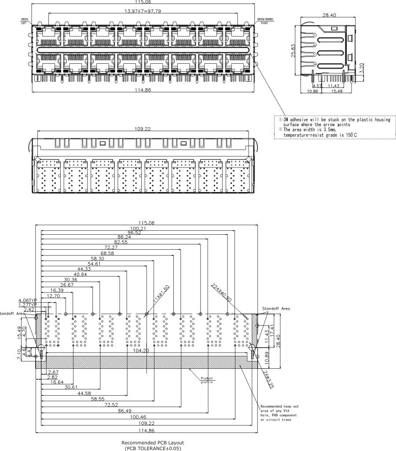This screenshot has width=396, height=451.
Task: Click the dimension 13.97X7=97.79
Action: (x=143, y=11)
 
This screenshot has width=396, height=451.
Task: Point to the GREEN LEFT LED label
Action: (x=24, y=21)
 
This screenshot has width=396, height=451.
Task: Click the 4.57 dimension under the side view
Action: (x=317, y=86)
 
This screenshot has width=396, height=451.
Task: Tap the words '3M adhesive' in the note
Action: (x=293, y=120)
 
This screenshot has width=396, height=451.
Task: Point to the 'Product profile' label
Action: (x=206, y=380)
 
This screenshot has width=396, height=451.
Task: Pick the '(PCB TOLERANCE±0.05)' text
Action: (x=153, y=448)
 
